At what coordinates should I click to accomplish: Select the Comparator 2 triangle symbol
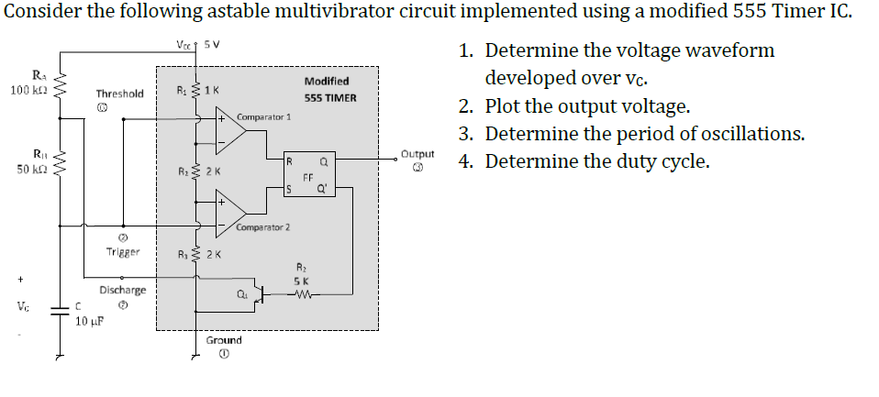tap(231, 211)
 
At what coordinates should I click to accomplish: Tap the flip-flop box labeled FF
tap(307, 176)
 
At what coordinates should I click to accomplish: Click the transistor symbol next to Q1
tap(261, 294)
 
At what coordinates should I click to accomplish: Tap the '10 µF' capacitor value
tap(89, 322)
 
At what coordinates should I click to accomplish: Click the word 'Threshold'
tap(119, 94)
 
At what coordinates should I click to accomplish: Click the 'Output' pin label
tap(417, 155)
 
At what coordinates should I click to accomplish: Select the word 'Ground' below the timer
tap(224, 340)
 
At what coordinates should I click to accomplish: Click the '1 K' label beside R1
tap(212, 90)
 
